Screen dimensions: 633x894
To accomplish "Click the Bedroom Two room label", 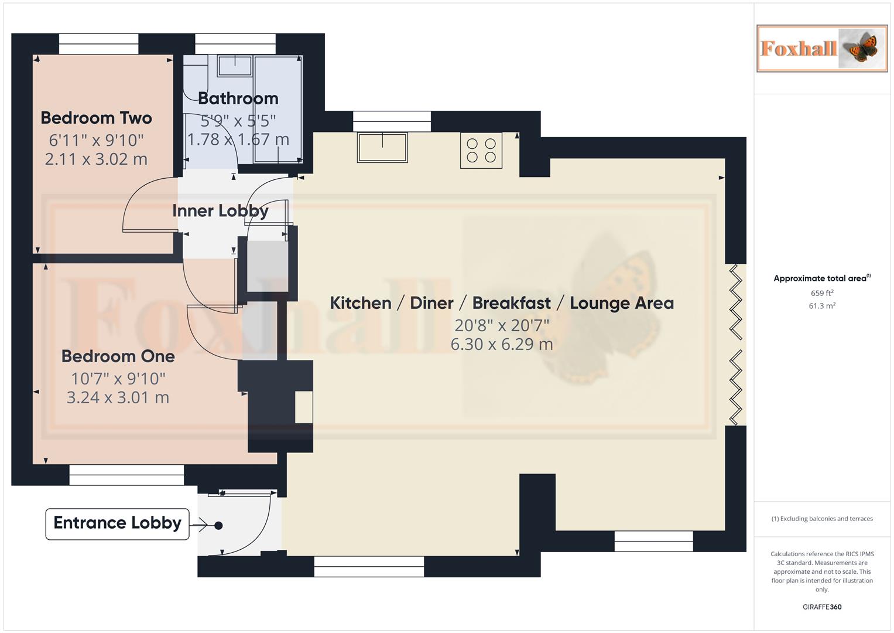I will (96, 118).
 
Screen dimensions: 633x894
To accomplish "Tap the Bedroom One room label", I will (118, 356).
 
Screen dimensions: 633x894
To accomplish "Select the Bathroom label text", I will (238, 98).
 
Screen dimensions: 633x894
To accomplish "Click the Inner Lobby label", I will (220, 210).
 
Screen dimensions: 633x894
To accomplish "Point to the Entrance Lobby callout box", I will (117, 523).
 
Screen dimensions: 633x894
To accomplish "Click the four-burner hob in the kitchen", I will (481, 151).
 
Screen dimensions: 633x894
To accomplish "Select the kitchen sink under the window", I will (382, 147).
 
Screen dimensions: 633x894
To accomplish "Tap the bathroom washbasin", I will (235, 66).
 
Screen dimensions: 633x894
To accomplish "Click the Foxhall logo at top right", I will (822, 49).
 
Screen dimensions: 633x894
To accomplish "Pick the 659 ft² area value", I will (822, 293).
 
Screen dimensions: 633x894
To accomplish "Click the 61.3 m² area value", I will (822, 306).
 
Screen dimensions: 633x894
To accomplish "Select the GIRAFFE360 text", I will (822, 607).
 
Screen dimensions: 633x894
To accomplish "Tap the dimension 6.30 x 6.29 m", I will (502, 344).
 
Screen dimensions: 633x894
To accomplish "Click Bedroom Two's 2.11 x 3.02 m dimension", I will (96, 159).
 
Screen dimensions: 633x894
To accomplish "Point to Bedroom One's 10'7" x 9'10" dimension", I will (118, 379).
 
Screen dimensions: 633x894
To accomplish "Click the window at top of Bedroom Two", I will (98, 44).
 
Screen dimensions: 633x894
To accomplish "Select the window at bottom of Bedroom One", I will (126, 475).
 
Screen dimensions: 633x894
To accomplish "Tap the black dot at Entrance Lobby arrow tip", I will (218, 526).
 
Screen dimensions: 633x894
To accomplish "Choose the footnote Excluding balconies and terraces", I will (822, 519).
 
